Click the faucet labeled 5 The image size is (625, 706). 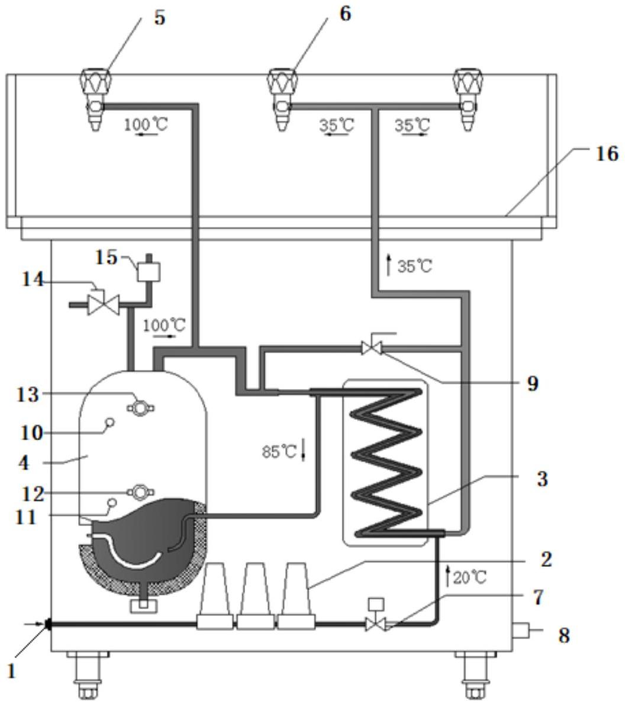click(96, 100)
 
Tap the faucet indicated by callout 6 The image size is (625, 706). click(282, 100)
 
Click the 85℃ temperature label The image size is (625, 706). click(279, 451)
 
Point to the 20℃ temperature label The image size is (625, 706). click(470, 577)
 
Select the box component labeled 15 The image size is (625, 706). click(149, 269)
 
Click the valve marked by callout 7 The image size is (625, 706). click(376, 617)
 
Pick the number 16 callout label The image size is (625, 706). click(607, 153)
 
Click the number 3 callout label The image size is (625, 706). click(542, 479)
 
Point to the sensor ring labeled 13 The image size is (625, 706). click(140, 408)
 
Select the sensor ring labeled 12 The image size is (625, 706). click(140, 492)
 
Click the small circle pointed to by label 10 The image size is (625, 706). click(109, 422)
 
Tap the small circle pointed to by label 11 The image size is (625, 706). click(111, 502)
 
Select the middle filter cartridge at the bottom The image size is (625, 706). click(255, 595)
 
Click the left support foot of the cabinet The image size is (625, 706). click(88, 674)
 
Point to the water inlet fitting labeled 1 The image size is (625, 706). click(48, 624)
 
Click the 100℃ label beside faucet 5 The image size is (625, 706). click(146, 124)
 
